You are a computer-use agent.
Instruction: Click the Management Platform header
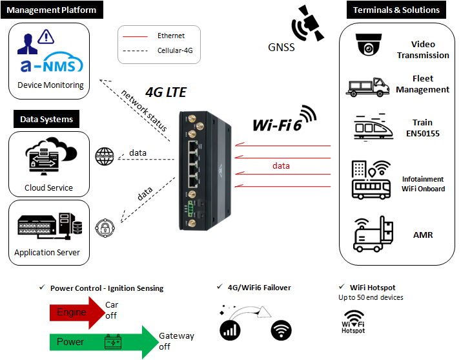[52, 10]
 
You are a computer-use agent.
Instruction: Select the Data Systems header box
[46, 119]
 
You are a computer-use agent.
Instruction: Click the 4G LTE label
[166, 92]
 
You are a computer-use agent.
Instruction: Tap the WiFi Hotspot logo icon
[353, 321]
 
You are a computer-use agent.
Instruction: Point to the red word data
[281, 166]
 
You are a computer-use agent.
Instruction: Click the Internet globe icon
[104, 156]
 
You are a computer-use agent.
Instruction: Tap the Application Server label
[47, 253]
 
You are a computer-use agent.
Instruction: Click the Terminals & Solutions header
[396, 10]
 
